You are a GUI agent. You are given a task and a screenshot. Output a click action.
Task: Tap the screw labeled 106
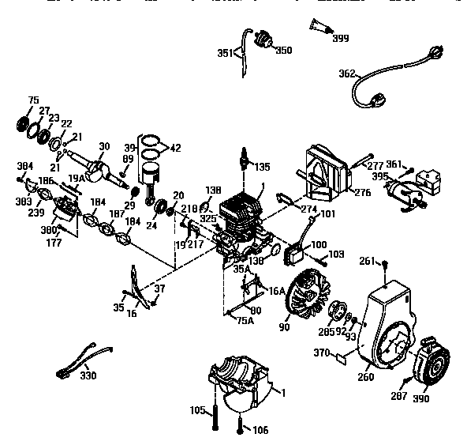(239, 430)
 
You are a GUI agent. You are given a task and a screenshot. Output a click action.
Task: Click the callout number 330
(88, 375)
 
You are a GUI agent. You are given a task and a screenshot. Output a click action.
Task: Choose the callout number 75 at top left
(32, 100)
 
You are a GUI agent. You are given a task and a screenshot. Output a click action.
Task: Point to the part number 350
(283, 50)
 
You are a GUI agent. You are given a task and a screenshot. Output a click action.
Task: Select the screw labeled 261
(384, 266)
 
